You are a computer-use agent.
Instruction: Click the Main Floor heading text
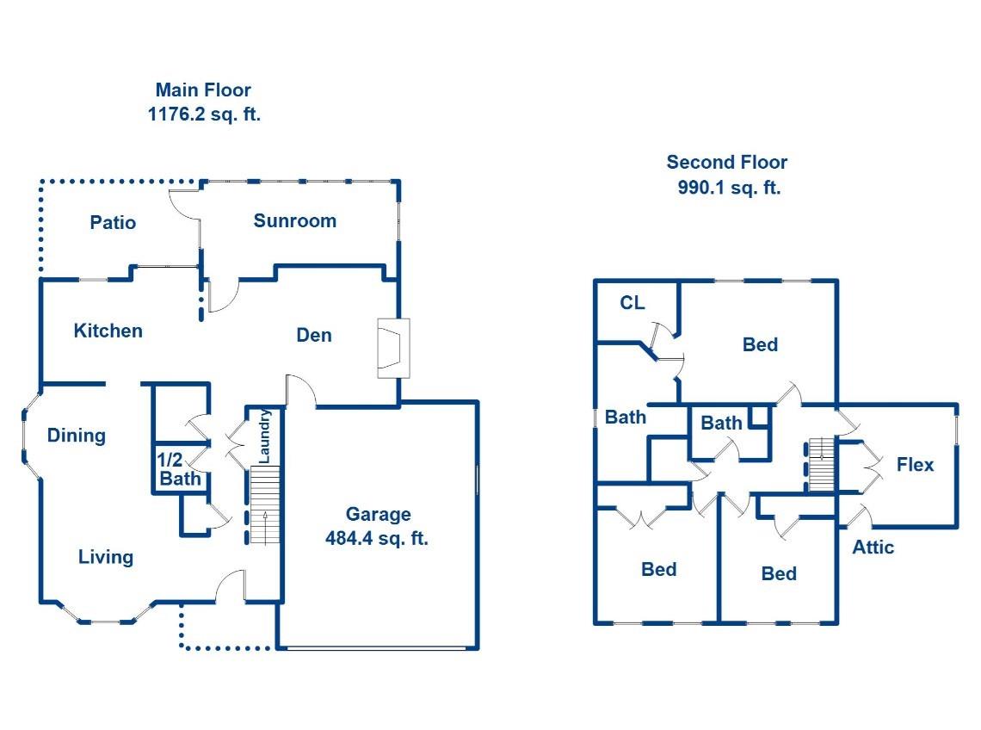click(203, 90)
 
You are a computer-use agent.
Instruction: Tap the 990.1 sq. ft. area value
click(728, 188)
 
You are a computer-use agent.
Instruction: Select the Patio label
click(113, 223)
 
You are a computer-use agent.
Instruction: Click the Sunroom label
click(294, 220)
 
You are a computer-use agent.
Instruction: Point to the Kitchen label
click(108, 331)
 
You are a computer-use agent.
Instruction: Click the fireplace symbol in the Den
click(393, 348)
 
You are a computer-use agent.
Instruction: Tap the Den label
click(314, 335)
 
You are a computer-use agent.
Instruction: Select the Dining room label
click(77, 436)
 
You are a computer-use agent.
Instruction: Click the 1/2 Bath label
click(180, 469)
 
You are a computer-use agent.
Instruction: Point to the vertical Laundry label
click(266, 436)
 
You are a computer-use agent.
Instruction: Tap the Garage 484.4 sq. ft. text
click(378, 527)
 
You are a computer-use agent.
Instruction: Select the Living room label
click(106, 557)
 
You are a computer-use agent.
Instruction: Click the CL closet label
click(632, 303)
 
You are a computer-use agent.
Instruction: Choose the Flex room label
click(915, 465)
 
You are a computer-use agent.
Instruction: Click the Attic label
click(873, 547)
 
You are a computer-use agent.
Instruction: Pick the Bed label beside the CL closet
click(760, 345)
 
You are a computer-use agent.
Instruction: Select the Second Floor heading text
click(726, 162)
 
